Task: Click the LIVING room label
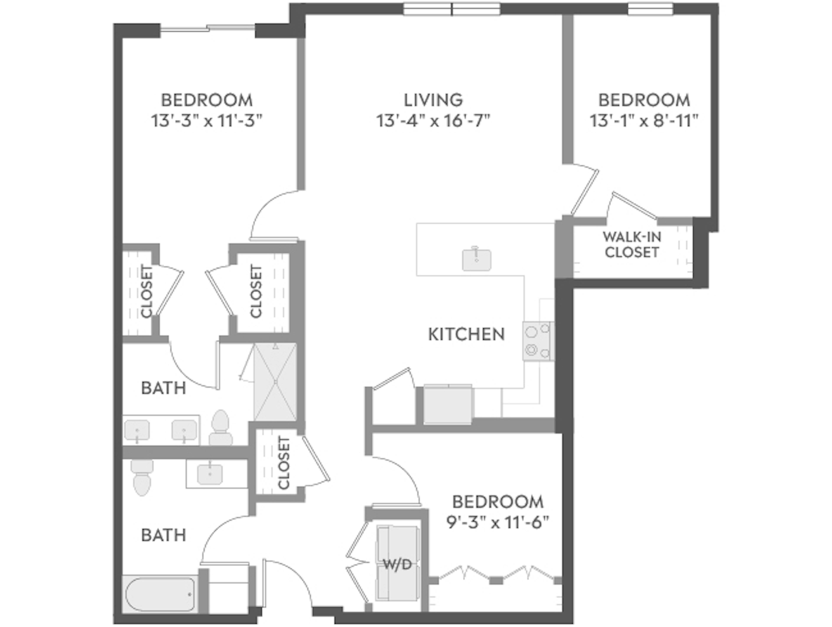click(x=433, y=100)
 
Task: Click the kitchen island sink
click(x=476, y=259)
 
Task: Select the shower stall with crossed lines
click(x=275, y=382)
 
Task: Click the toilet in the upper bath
click(x=221, y=429)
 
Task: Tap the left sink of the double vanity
click(x=137, y=430)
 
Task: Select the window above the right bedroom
click(x=651, y=9)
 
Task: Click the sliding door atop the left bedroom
click(x=208, y=28)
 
